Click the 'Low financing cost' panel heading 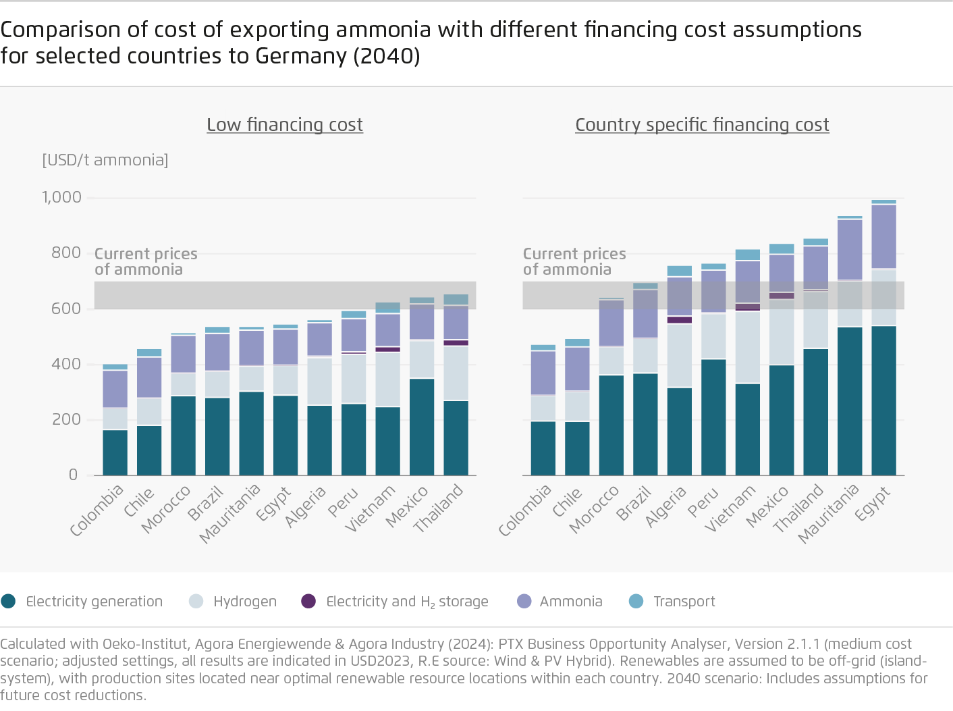coord(284,125)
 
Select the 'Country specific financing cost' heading coord(702,125)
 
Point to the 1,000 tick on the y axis coord(61,197)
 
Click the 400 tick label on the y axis coord(66,364)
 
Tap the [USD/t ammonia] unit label coord(105,160)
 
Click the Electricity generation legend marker coord(9,601)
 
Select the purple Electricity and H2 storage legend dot coord(308,601)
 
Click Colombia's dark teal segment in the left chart coord(115,452)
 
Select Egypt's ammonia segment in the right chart coord(883,236)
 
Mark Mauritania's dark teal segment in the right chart coord(850,401)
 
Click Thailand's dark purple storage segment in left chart coord(456,343)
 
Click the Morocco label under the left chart coord(166,509)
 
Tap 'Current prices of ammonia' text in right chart coord(574,261)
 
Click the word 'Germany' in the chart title coord(301,56)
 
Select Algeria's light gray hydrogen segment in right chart coord(679,355)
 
